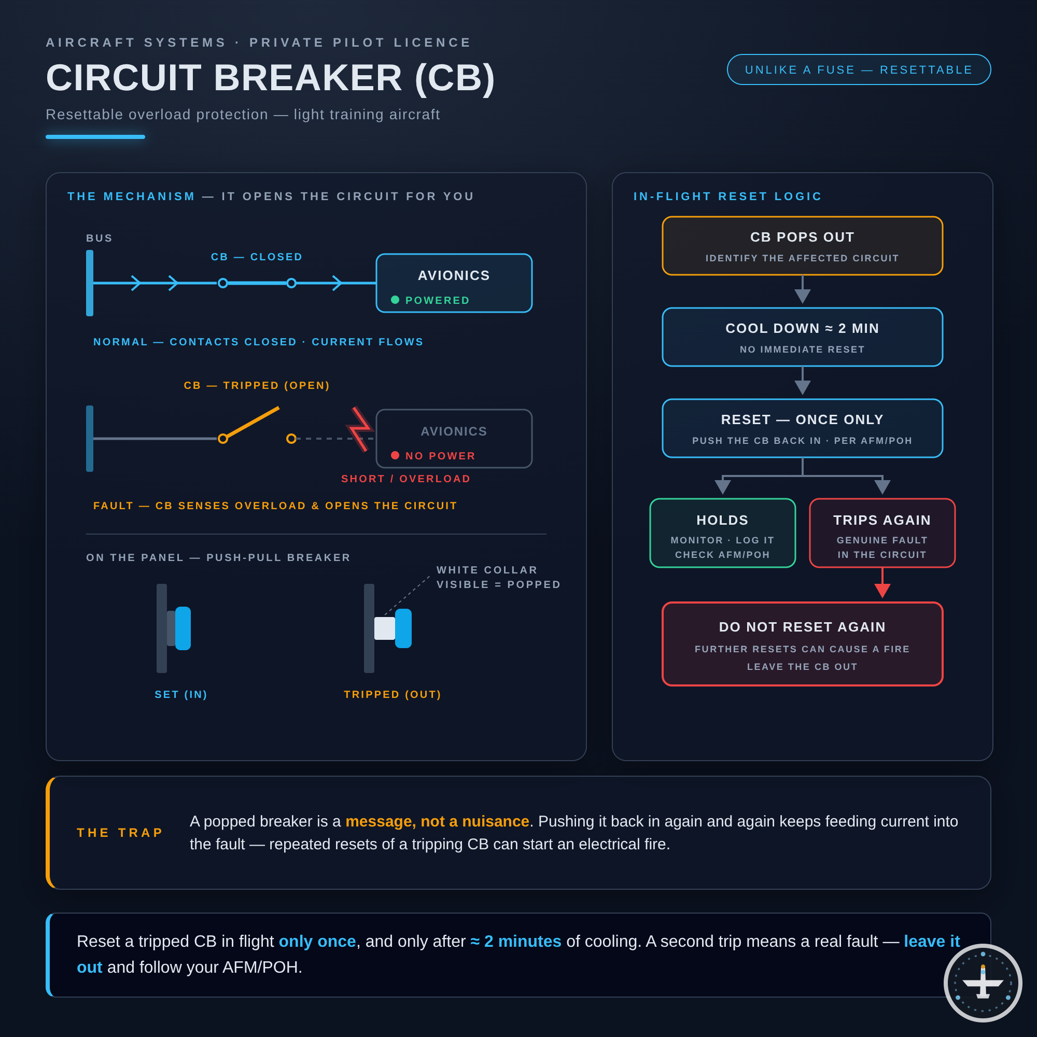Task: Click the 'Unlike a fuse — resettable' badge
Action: [x=859, y=70]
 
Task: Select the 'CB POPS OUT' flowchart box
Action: [x=803, y=246]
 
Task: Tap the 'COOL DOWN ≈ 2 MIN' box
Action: [x=803, y=337]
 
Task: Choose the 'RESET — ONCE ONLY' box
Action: [x=803, y=428]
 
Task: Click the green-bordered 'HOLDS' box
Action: [x=722, y=533]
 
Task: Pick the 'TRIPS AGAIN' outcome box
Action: [x=882, y=533]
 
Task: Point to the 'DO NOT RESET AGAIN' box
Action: [x=803, y=644]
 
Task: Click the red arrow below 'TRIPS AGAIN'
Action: [x=882, y=583]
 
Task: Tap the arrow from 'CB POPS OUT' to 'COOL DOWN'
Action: [x=803, y=289]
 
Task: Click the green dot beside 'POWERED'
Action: [x=395, y=300]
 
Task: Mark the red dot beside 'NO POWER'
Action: [x=395, y=455]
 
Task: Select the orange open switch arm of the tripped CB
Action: [x=251, y=423]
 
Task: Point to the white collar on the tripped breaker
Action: [x=384, y=628]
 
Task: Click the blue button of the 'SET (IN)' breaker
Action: [x=183, y=628]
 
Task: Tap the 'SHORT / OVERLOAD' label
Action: [x=406, y=479]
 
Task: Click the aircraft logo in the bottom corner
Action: [x=983, y=983]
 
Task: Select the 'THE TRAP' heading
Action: [x=120, y=833]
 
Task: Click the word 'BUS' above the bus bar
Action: [x=100, y=238]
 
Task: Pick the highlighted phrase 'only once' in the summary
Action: [x=317, y=941]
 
